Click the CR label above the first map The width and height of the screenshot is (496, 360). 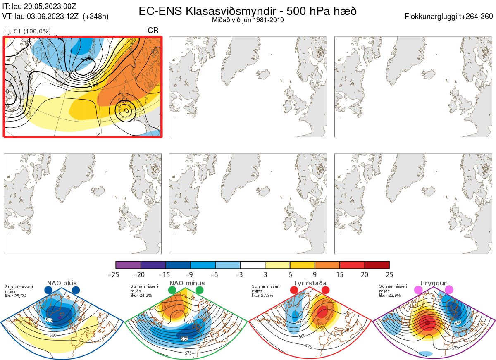pos(153,31)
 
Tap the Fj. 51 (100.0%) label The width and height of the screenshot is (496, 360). pos(27,31)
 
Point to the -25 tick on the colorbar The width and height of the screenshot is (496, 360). pos(116,274)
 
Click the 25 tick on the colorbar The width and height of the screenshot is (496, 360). pos(389,274)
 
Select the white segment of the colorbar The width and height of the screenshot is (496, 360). pos(253,265)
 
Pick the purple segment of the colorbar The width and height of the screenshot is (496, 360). pos(128,265)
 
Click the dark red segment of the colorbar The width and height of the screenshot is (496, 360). pos(377,265)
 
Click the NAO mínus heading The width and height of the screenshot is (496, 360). pos(187,283)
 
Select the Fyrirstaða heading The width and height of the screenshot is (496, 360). pos(310,283)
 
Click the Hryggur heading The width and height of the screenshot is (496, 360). pos(434,283)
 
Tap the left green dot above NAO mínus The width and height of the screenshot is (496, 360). pos(172,290)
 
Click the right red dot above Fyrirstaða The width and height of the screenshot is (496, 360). pos(325,290)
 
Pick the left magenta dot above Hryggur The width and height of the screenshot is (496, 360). pos(419,290)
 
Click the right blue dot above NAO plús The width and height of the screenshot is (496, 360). pos(76,290)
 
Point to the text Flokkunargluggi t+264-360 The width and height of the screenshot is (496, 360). pos(450,17)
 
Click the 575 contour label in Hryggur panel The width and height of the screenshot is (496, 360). pos(455,348)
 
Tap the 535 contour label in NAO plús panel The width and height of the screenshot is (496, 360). pos(49,320)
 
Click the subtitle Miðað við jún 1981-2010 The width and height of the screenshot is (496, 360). pos(248,20)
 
